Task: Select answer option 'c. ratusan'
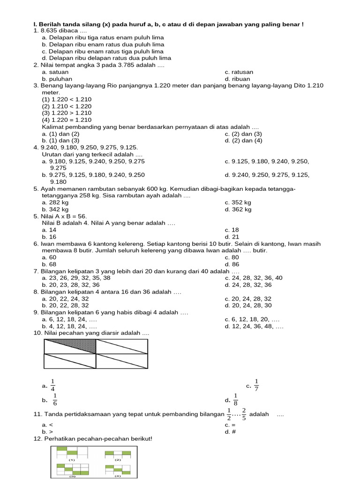tap(239, 72)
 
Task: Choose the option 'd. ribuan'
tap(237, 79)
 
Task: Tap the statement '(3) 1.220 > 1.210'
tap(67, 113)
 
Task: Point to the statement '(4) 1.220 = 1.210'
tap(67, 120)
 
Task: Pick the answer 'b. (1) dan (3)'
tap(60, 140)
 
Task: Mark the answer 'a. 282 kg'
tap(55, 202)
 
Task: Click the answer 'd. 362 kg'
tap(238, 210)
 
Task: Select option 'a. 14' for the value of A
tap(49, 230)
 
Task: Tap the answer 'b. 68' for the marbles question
tap(49, 264)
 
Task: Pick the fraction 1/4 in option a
tap(53, 385)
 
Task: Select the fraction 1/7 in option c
tap(256, 385)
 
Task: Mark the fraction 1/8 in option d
tap(236, 400)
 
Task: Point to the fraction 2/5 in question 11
tap(244, 414)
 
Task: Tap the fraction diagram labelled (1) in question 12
tap(72, 453)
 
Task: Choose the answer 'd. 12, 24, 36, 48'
tap(254, 326)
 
